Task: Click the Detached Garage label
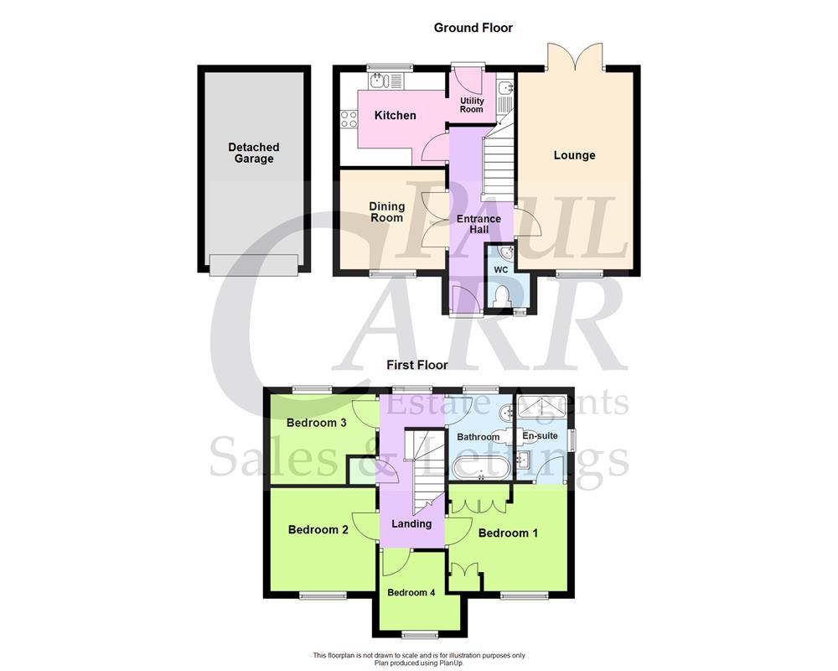[254, 153]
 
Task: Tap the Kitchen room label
[395, 115]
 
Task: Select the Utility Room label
[472, 105]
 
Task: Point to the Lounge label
[575, 155]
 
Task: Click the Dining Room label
[386, 212]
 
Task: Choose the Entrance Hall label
[478, 225]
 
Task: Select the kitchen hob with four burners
[348, 120]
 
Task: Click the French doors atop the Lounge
[574, 57]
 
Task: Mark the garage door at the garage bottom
[254, 264]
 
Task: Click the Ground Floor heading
[473, 28]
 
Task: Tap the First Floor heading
[416, 365]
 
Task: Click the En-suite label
[540, 435]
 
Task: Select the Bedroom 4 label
[411, 592]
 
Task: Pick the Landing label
[411, 523]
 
